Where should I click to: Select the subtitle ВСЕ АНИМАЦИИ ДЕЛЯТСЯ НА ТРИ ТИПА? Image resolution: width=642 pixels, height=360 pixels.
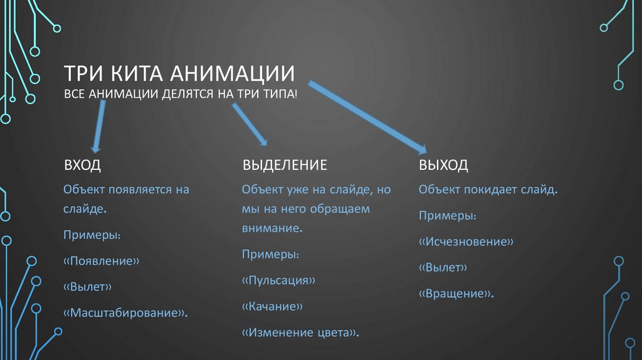click(181, 94)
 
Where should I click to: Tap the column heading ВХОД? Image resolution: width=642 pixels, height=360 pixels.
click(82, 166)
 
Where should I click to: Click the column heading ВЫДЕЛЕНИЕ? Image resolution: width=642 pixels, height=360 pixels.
click(285, 166)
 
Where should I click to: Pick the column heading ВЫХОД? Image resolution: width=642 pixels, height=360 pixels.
click(443, 166)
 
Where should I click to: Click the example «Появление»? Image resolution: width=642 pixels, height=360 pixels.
click(101, 261)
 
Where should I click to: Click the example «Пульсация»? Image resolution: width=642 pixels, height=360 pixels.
click(278, 280)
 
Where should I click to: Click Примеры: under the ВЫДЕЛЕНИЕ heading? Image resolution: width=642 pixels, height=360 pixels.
click(270, 255)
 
